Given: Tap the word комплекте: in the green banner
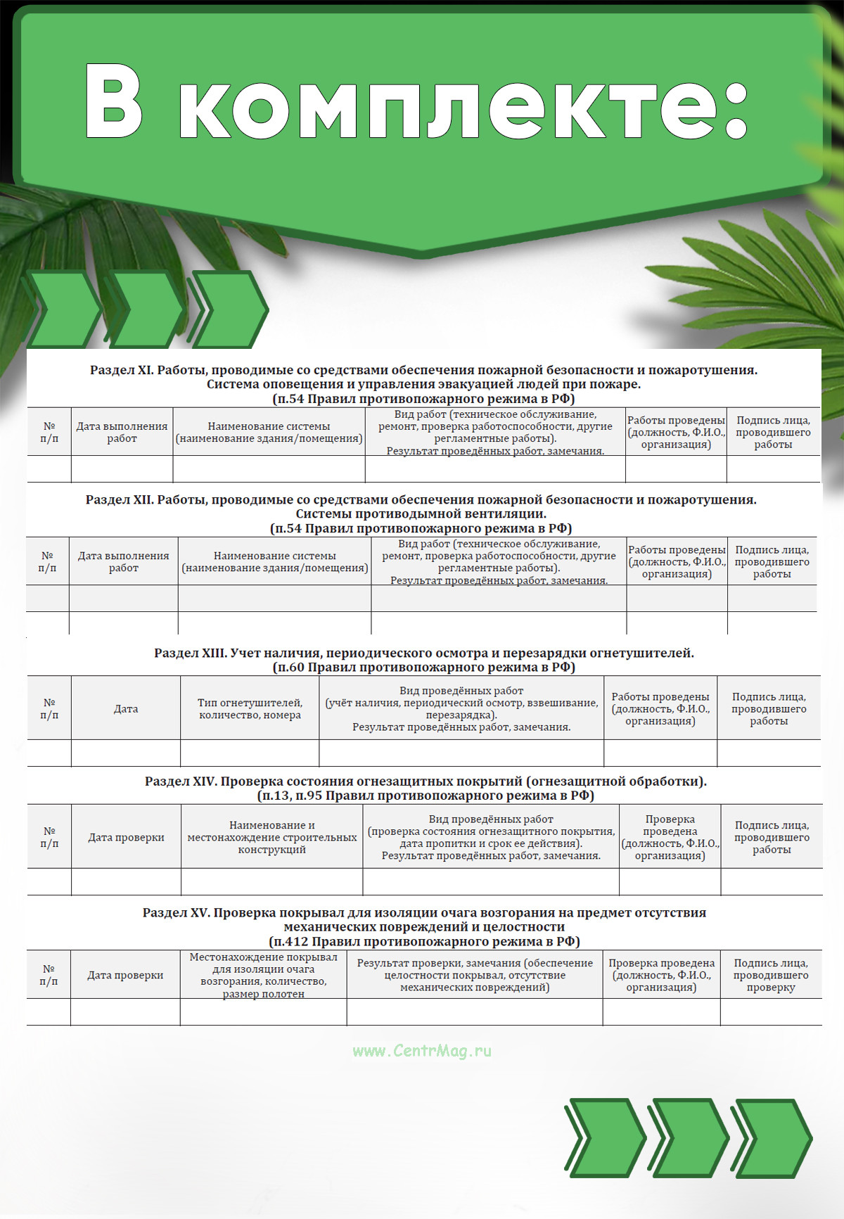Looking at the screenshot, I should (x=464, y=106).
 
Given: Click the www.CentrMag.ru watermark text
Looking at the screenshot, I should (x=422, y=1051).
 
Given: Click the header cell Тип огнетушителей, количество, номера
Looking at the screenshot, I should (x=250, y=708).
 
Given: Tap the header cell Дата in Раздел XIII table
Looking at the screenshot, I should (x=126, y=708).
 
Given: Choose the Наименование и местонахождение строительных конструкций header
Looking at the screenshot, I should (x=272, y=837).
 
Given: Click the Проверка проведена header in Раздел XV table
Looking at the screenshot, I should (x=661, y=975).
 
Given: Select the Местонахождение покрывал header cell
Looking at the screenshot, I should (x=263, y=975).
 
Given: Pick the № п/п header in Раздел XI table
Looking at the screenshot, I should (x=49, y=432).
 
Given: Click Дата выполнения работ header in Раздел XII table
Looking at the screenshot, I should (x=123, y=561).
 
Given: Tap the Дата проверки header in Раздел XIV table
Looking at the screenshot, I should (x=126, y=837).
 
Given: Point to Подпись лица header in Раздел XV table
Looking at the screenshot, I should (x=771, y=975).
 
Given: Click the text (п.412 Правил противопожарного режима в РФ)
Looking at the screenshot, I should (x=424, y=941).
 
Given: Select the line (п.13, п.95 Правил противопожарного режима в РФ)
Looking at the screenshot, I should (x=426, y=796).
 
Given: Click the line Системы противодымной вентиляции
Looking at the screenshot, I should (x=421, y=513).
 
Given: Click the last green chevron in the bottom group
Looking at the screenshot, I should (x=772, y=1137).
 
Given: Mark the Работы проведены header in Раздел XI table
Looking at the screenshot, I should (x=676, y=432).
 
